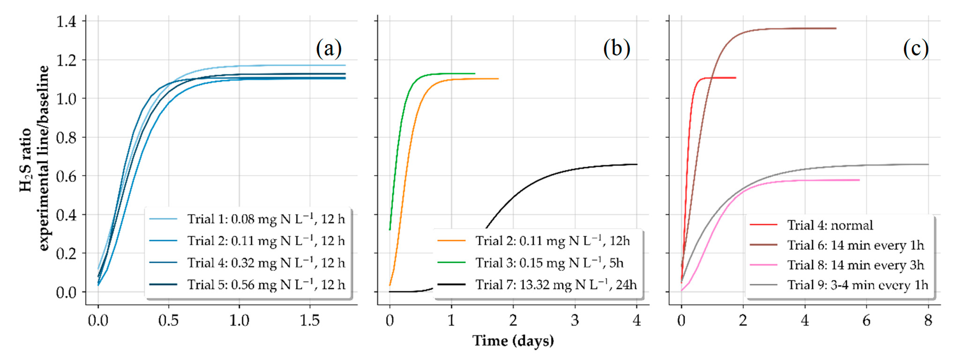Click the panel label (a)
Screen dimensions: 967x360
pos(329,49)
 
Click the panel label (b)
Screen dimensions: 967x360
pos(616,49)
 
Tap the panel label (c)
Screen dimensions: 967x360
pos(916,49)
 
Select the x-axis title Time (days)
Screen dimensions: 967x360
pos(513,341)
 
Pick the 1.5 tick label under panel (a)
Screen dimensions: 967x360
pos(310,320)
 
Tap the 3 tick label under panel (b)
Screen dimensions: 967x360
pos(575,320)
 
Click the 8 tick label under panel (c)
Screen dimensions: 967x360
pos(928,320)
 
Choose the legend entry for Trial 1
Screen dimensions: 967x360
pos(247,218)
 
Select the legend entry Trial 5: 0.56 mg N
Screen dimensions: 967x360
pos(247,285)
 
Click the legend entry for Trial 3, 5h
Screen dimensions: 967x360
pos(530,263)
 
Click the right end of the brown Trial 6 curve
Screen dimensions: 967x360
pos(836,28)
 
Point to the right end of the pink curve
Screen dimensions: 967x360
pos(859,180)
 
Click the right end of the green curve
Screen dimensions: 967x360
pos(475,74)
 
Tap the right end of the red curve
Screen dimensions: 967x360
pos(736,78)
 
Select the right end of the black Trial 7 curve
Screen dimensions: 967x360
pos(637,165)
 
